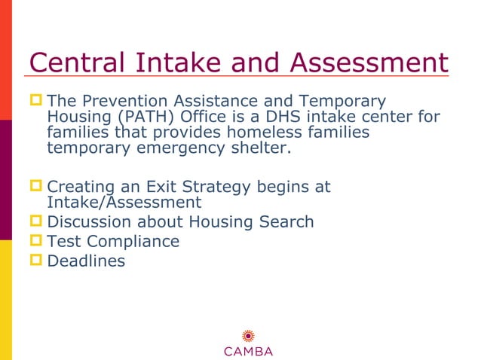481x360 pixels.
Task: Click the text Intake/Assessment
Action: point(124,202)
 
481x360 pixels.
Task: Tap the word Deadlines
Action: point(86,261)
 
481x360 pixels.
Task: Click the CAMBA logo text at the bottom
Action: point(248,351)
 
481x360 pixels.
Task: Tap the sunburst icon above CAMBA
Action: point(248,336)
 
